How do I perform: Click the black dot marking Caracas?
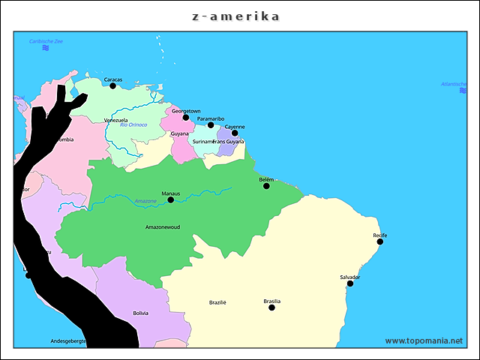tap(112, 85)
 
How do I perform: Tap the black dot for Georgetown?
tap(186, 117)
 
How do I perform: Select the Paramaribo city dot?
tap(211, 125)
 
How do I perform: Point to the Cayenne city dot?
tap(235, 133)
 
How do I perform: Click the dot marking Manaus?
tap(171, 199)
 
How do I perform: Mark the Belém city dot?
tap(266, 186)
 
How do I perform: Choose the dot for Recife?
tap(380, 241)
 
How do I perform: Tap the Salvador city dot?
tap(350, 283)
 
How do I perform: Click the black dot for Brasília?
tap(271, 307)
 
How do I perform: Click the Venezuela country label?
tap(115, 120)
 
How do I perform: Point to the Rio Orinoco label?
tap(133, 124)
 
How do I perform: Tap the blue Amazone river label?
tap(145, 201)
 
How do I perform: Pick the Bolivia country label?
tap(140, 313)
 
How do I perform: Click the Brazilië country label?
tap(217, 302)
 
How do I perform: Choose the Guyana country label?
tap(179, 133)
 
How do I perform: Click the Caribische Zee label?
tap(46, 40)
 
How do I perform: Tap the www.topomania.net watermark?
tap(424, 340)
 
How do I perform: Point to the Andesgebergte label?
tap(69, 340)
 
